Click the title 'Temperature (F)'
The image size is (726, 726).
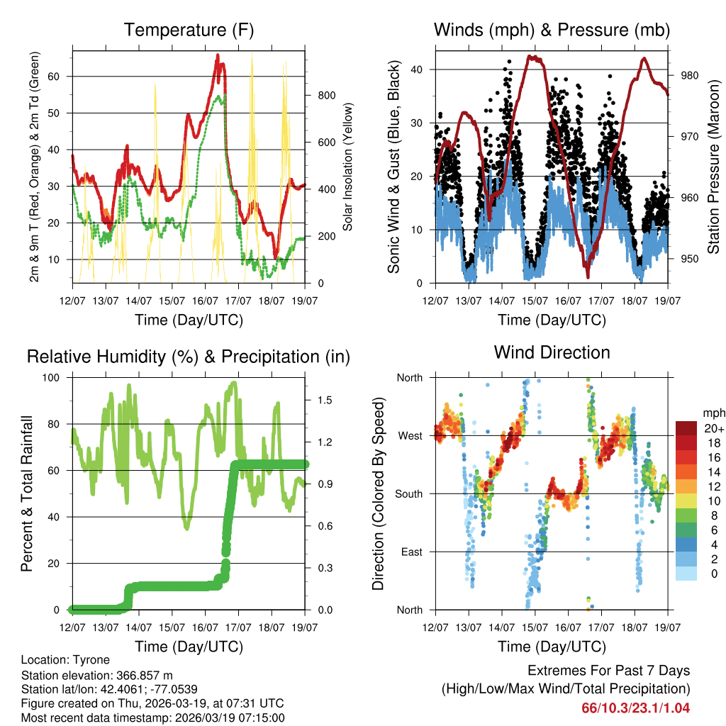[x=189, y=30]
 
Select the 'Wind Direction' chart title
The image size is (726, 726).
[x=552, y=352]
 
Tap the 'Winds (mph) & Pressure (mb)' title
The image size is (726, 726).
[x=552, y=30]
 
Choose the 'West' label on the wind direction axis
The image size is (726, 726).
[x=411, y=435]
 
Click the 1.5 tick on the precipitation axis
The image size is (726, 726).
[x=325, y=401]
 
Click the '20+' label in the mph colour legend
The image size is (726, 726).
[x=713, y=428]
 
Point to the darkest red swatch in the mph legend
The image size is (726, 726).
[x=685, y=428]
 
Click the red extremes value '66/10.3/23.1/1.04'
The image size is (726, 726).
[x=636, y=708]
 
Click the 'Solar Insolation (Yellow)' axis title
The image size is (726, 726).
[x=347, y=167]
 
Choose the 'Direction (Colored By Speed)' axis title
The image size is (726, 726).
[x=378, y=493]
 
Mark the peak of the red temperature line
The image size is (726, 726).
[x=218, y=55]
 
